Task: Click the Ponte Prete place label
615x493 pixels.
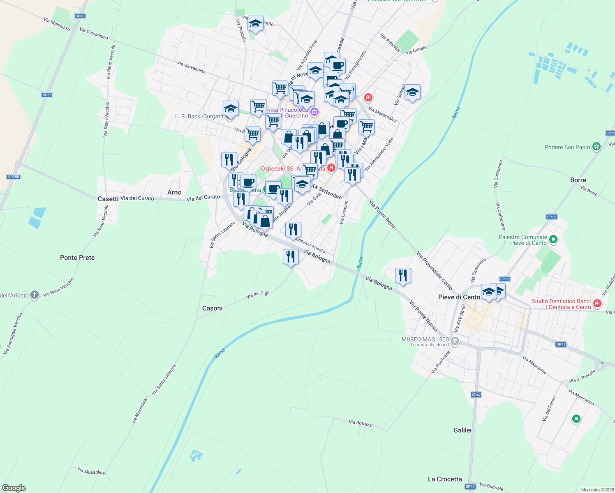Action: coord(77,258)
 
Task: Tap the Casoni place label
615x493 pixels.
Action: coord(213,308)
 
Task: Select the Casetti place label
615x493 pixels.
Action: coord(108,199)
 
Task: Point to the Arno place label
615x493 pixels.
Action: coord(174,192)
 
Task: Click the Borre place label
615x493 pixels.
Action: coord(578,180)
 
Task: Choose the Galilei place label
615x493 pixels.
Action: coord(462,430)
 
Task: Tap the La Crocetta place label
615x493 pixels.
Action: coord(445,479)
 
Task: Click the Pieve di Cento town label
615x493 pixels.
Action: coord(459,297)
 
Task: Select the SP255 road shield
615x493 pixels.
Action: coord(14,177)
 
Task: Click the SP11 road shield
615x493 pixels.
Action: coord(561,344)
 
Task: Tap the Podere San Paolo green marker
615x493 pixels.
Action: coord(597,147)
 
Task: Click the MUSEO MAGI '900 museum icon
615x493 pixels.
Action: coord(455,341)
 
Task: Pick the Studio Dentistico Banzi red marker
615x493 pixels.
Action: coord(597,304)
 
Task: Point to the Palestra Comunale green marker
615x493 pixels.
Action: coord(553,240)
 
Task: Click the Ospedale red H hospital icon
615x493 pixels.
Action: coord(331,168)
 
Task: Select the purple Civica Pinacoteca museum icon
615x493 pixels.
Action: coord(314,111)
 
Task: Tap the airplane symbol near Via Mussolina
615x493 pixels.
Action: coord(196,456)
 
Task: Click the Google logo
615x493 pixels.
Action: coord(14,488)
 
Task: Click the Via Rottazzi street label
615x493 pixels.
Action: coord(361,423)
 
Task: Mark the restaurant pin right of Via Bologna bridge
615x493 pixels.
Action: coord(403,276)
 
